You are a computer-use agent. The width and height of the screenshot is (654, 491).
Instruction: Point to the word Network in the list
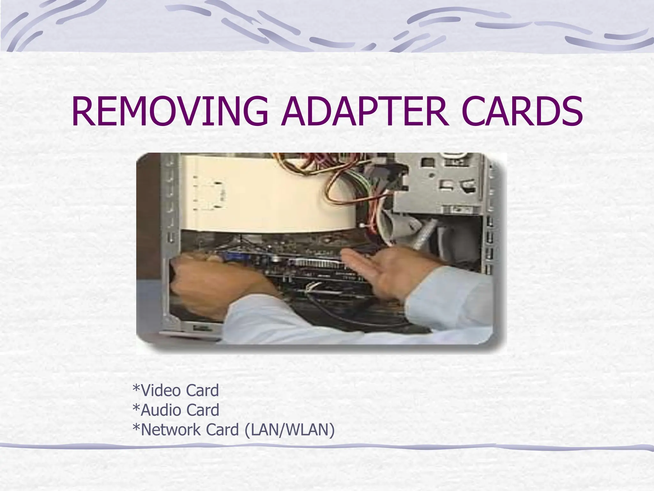pyautogui.click(x=171, y=430)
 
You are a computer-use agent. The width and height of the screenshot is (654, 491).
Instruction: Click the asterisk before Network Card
pyautogui.click(x=136, y=428)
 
